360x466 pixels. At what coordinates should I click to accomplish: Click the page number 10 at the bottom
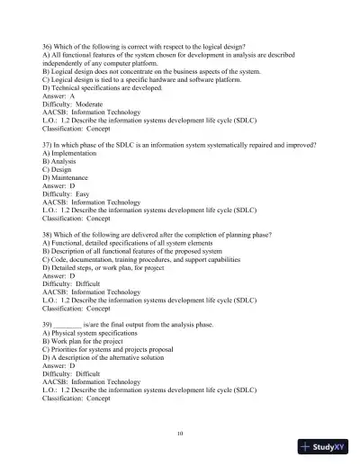pos(180,433)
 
